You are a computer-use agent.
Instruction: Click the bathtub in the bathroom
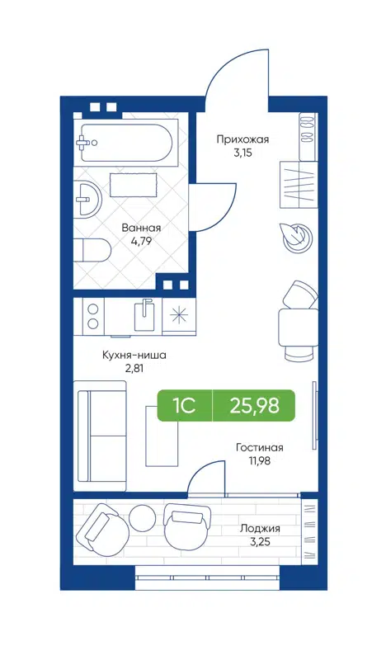tap(125, 145)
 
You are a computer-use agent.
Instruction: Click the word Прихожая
tap(242, 139)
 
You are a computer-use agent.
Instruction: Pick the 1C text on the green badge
tap(183, 405)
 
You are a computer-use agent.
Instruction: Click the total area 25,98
tap(256, 405)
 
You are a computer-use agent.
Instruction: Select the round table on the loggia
tap(142, 518)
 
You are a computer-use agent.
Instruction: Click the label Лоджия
tap(260, 528)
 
